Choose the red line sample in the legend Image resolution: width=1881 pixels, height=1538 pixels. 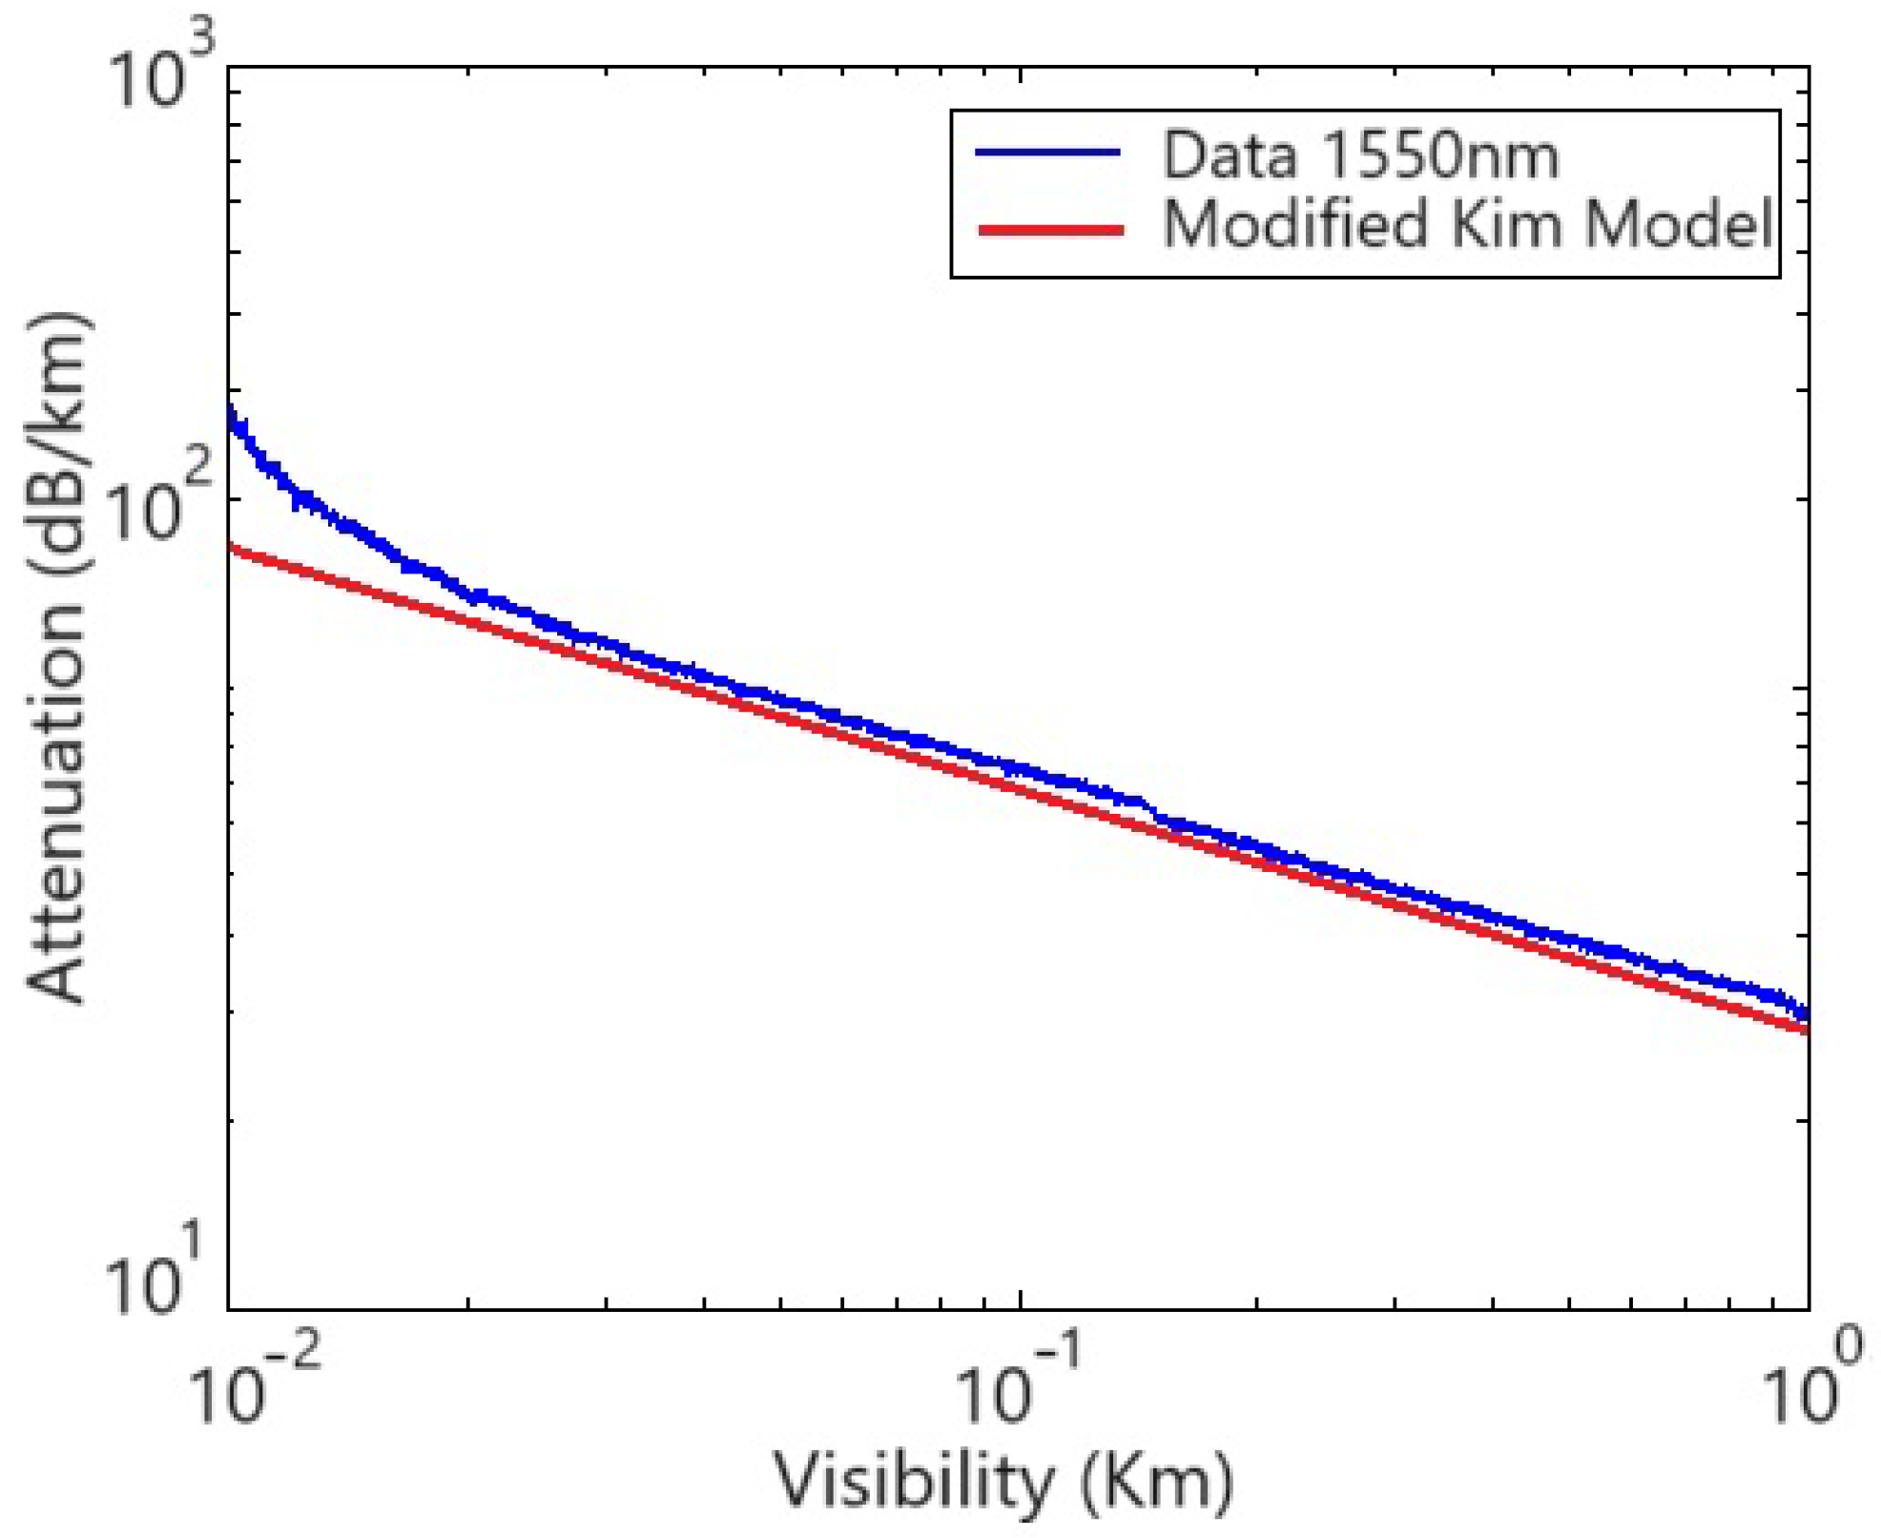1049,229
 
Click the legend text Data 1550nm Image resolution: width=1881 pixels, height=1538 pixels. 1359,155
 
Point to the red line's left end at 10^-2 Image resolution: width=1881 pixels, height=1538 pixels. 232,549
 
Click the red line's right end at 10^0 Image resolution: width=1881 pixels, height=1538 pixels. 1806,1029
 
